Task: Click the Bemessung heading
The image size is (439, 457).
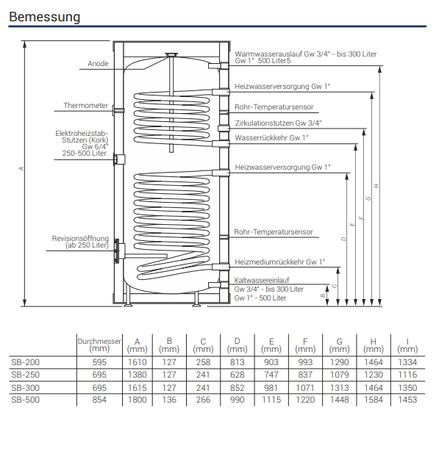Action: coord(45,17)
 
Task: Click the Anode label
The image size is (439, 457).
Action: coord(98,63)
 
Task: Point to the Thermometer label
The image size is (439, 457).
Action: coord(86,105)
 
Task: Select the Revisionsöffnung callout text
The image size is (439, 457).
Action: coord(80,242)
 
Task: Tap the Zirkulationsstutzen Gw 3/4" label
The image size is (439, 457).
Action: coord(278,123)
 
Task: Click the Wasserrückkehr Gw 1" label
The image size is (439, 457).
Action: coord(271,137)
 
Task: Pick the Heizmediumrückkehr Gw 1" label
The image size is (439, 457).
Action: coord(279,262)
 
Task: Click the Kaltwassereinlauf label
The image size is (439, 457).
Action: coord(262,280)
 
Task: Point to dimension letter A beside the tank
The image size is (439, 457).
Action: coord(21,168)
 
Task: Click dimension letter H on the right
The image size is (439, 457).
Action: coord(376,186)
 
